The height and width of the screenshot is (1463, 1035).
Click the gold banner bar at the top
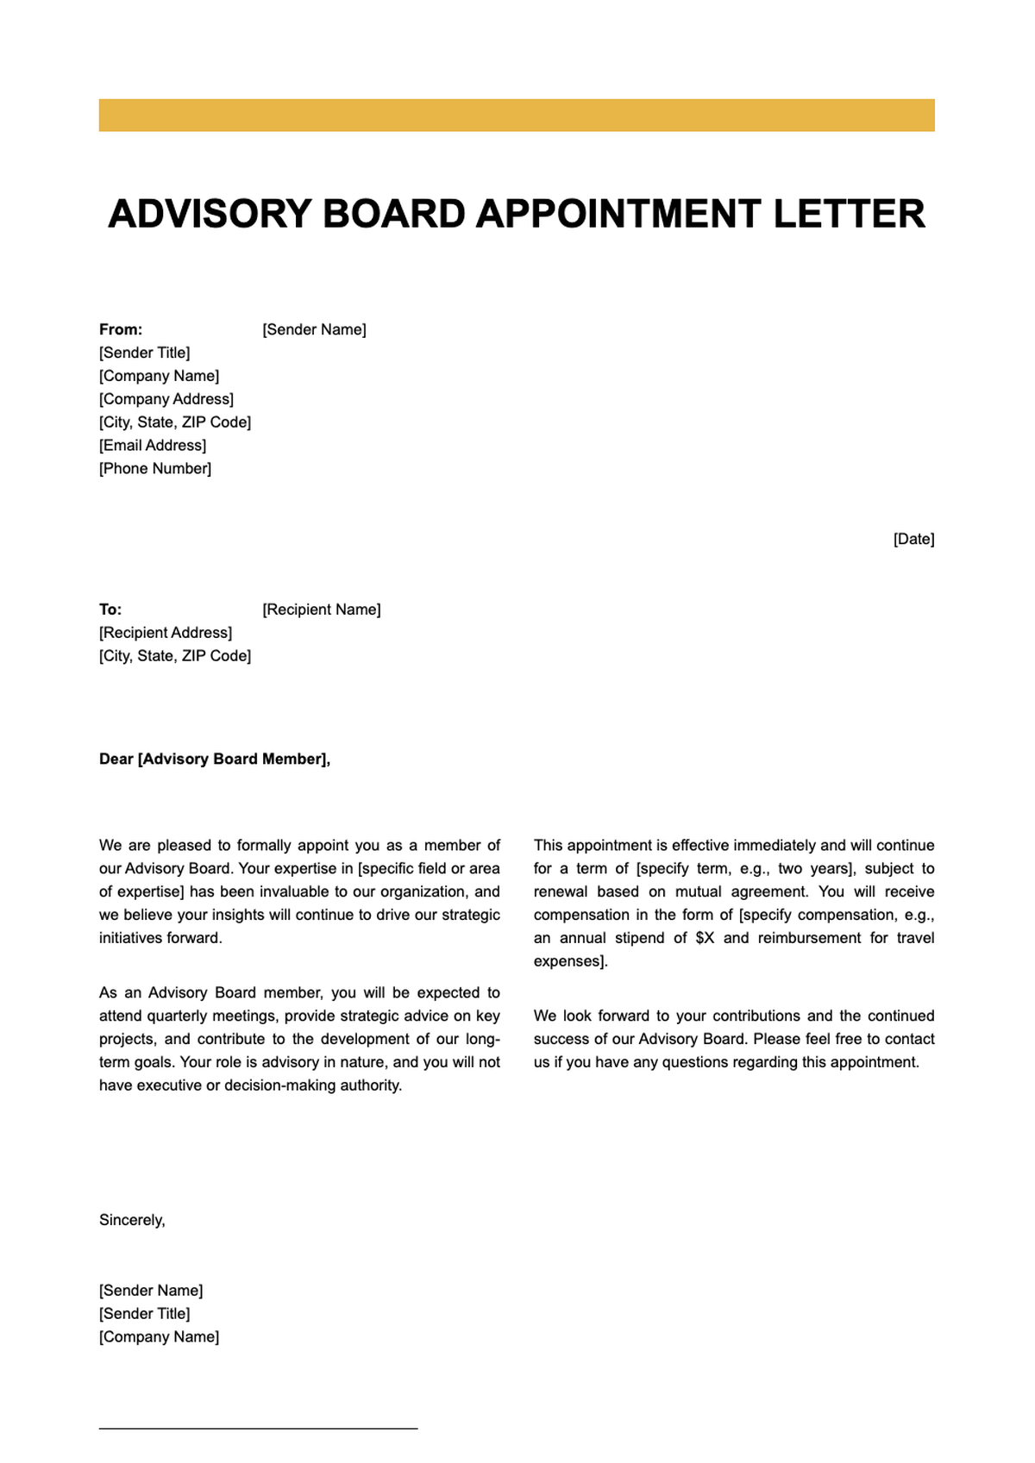[x=517, y=116]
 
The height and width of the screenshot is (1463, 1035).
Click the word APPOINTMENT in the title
[x=618, y=214]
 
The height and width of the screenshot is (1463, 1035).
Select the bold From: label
[x=121, y=329]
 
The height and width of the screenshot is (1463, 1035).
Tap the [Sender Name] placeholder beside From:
[x=314, y=329]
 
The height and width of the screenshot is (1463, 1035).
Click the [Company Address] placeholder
[x=166, y=399]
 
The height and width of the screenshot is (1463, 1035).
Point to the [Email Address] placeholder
[x=153, y=446]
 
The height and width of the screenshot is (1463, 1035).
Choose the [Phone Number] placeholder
[x=155, y=469]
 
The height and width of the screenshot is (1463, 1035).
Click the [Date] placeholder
[x=913, y=540]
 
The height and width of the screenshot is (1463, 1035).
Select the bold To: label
[x=110, y=610]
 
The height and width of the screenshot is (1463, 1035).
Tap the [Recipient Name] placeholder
[x=321, y=610]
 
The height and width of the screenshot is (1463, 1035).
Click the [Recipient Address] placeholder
[x=166, y=633]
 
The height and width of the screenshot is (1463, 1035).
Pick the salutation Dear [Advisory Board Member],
[x=215, y=760]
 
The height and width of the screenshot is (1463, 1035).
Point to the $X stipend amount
[x=705, y=938]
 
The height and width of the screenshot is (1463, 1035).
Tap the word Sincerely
[x=132, y=1221]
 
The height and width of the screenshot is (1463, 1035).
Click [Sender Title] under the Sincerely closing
[x=145, y=1314]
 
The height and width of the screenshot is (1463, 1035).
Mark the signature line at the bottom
[x=258, y=1429]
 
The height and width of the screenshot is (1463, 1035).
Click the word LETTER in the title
[x=849, y=214]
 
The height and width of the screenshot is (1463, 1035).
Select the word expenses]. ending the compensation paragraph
[x=570, y=961]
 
